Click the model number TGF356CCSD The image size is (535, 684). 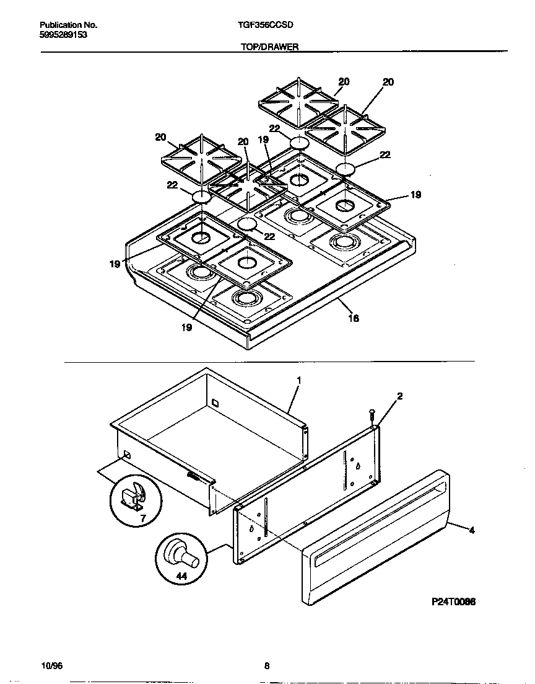pos(266,25)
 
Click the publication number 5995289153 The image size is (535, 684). pos(61,35)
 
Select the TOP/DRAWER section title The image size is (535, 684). pos(269,47)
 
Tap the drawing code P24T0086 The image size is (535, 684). pos(453,602)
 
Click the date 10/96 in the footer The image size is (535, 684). pos(51,667)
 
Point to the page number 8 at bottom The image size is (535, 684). pos(267,667)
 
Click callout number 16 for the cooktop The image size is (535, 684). pos(354,318)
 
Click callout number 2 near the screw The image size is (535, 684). pos(399,396)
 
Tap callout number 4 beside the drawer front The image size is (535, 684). pos(472,530)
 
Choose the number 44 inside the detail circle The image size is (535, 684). pos(180,576)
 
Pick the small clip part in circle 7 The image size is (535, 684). pos(133,495)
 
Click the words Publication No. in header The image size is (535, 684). pos(68,25)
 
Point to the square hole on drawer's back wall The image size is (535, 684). pos(215,402)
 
